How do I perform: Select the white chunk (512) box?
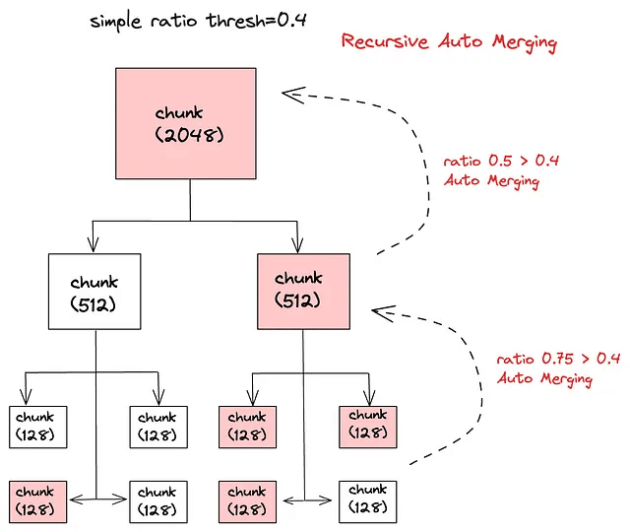click(x=94, y=292)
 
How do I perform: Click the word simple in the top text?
click(x=119, y=21)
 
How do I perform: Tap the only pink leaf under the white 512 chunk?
click(x=38, y=499)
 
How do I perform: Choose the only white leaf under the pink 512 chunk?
click(x=369, y=499)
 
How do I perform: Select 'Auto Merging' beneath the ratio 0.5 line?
click(x=491, y=180)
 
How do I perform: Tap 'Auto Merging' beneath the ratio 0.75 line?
click(x=544, y=379)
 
